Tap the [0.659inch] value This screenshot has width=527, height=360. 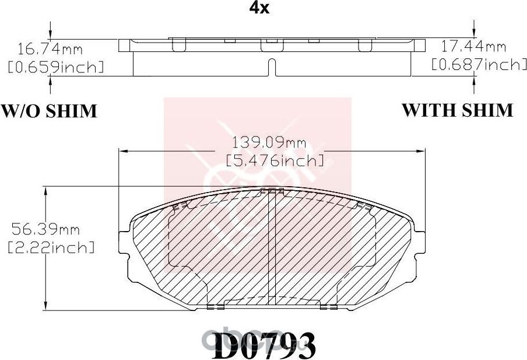coord(55,67)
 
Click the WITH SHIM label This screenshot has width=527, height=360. coord(457,109)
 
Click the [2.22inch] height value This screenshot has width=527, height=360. coord(50,247)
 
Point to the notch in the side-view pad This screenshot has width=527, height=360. coord(270,68)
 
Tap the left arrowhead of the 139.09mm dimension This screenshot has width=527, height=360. coord(123,151)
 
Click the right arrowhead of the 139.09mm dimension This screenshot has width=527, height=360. coord(421,151)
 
